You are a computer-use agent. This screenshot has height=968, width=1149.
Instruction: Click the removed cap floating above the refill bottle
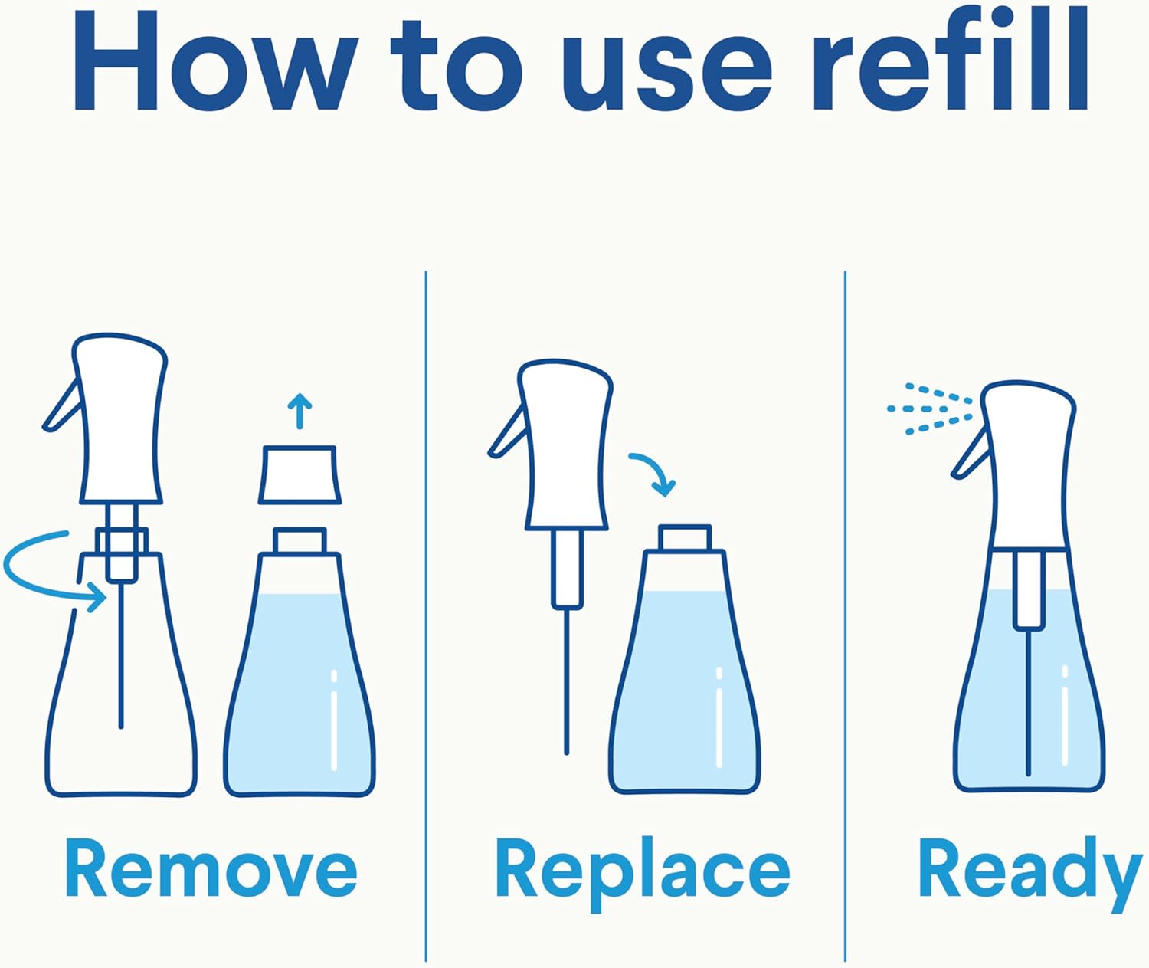point(300,475)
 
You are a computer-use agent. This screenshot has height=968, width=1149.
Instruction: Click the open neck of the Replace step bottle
point(684,537)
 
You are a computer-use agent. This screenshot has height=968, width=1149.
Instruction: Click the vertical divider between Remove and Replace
point(426,613)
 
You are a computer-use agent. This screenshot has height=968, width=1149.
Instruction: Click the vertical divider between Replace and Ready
point(845,613)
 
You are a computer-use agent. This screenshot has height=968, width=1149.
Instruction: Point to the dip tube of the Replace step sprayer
point(567,682)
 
